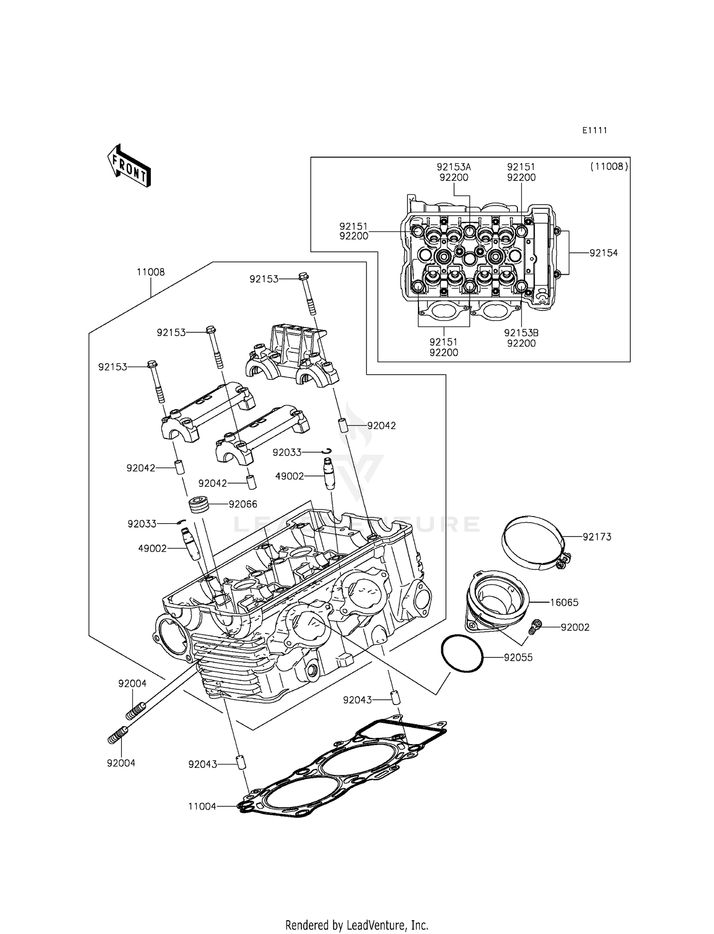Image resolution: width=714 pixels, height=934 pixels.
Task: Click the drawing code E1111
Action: point(595,130)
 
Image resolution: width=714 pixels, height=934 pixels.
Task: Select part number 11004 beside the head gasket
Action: point(202,806)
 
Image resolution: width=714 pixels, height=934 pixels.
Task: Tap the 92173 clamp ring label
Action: point(597,537)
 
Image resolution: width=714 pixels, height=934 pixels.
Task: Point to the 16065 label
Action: point(564,603)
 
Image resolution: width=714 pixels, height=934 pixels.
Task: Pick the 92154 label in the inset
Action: point(604,253)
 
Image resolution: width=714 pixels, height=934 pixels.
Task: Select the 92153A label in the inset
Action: point(454,168)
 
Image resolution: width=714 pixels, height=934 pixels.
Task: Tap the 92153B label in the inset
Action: point(521,333)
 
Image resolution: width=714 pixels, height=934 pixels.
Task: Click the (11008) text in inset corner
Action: point(609,167)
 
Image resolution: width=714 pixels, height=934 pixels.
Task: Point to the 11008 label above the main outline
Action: point(150,272)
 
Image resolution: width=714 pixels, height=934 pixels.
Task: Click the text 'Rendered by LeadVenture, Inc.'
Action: point(357,925)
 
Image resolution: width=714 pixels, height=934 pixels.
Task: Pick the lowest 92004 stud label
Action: point(121,763)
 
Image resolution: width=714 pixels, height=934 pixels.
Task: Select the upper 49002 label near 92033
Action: point(289,476)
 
